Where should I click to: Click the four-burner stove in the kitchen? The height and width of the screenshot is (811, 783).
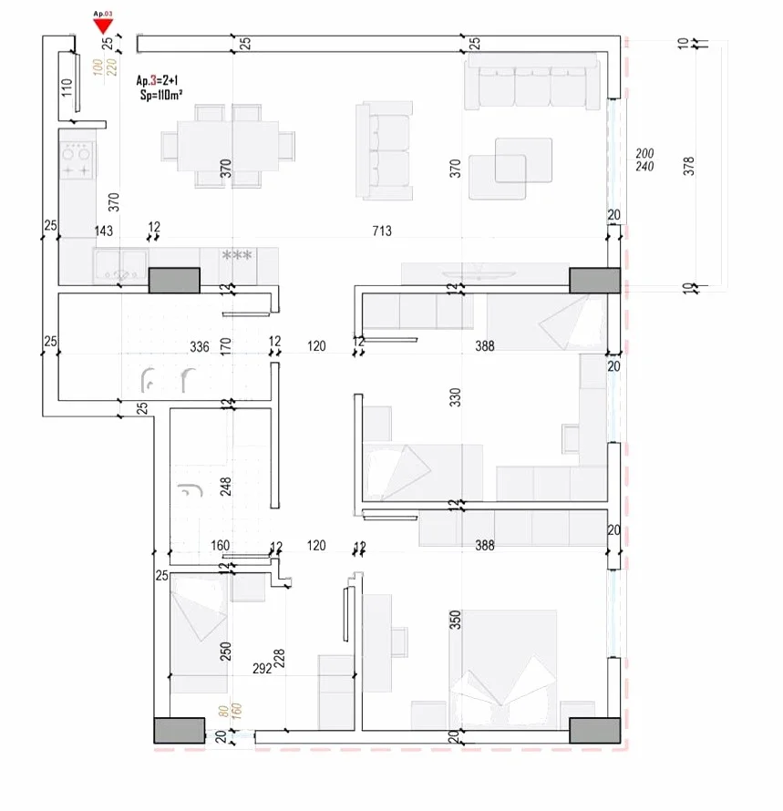coord(77,159)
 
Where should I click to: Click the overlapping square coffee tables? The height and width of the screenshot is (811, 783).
coord(511,168)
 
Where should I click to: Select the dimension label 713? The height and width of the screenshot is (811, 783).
coord(381,231)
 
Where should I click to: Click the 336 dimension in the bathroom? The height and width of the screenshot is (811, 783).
coord(199,346)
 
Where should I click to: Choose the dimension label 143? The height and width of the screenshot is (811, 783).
coord(103,231)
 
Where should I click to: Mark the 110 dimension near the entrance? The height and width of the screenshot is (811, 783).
coord(66,88)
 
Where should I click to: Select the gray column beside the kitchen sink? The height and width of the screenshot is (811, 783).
coord(173,280)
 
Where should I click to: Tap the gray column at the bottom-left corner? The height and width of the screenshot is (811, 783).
coord(179,730)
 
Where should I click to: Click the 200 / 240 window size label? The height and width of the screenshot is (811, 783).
coord(644,159)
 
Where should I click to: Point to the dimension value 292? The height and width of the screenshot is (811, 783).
coord(262,668)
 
